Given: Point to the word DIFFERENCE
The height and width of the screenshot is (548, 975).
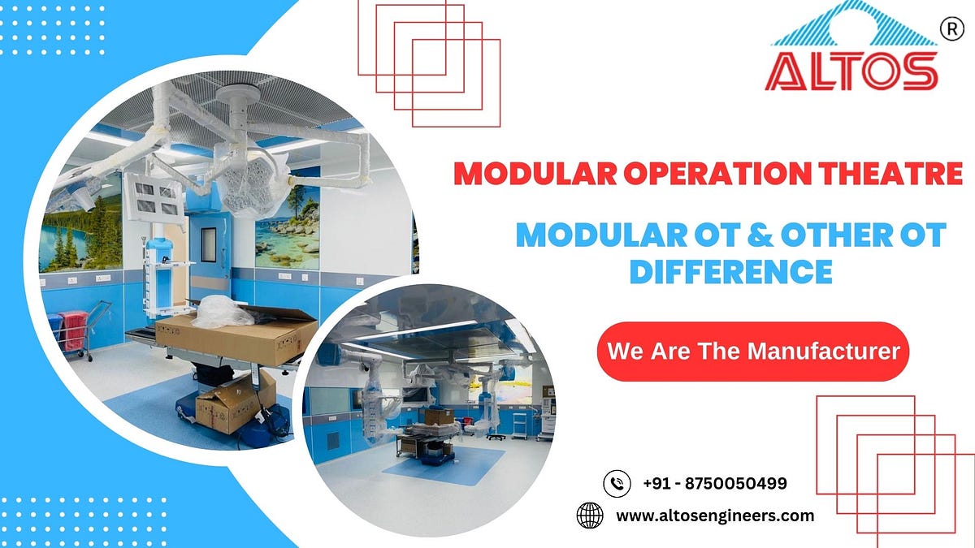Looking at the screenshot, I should click(x=731, y=270).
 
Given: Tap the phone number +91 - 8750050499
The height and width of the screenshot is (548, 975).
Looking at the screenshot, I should click(x=714, y=484).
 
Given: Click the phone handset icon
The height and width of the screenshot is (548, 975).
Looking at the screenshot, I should click(x=617, y=484).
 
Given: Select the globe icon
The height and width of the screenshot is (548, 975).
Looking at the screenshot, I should click(x=590, y=516).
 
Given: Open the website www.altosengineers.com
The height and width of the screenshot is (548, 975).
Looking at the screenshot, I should click(x=715, y=516).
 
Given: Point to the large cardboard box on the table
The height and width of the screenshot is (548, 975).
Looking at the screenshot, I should click(x=236, y=334).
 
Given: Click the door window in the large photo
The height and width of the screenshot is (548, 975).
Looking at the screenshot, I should click(x=209, y=244).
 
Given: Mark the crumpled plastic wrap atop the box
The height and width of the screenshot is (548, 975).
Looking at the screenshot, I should click(x=221, y=309).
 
